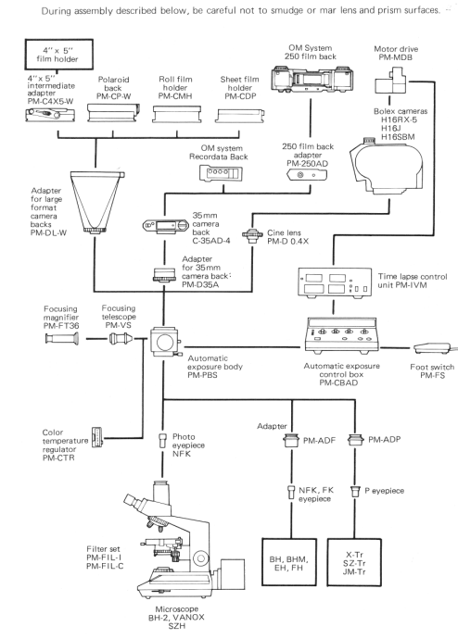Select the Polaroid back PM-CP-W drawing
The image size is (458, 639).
[x=114, y=112]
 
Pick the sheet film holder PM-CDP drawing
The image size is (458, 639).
[x=240, y=116]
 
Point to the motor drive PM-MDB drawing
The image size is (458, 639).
[x=389, y=81]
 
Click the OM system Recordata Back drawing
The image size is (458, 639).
[x=219, y=173]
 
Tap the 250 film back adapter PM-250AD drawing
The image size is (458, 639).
[x=307, y=175]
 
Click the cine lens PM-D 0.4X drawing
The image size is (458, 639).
[x=251, y=235]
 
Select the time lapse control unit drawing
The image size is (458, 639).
[x=335, y=282]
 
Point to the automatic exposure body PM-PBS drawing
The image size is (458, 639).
[x=165, y=341]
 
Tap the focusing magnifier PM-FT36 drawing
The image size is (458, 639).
[x=61, y=338]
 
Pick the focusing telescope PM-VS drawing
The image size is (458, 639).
[x=121, y=338]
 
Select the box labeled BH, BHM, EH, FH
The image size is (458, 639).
[x=288, y=563]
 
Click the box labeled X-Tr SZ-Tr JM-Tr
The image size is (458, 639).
[x=354, y=563]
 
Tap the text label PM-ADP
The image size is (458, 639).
[x=384, y=439]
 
